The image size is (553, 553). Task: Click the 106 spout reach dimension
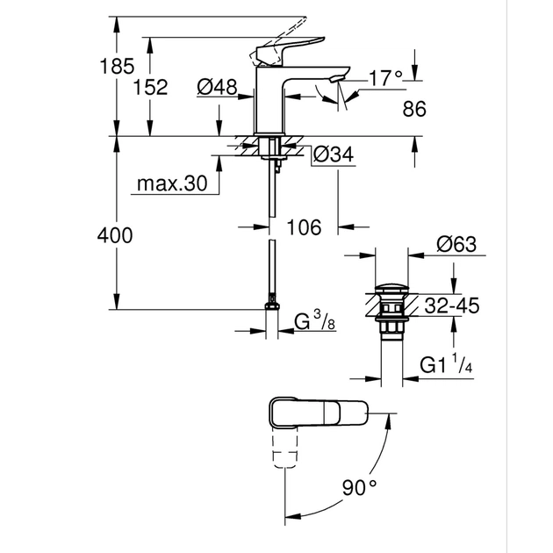click(x=304, y=227)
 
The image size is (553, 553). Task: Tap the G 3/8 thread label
click(x=313, y=322)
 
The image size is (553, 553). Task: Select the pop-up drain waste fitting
click(x=386, y=312)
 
